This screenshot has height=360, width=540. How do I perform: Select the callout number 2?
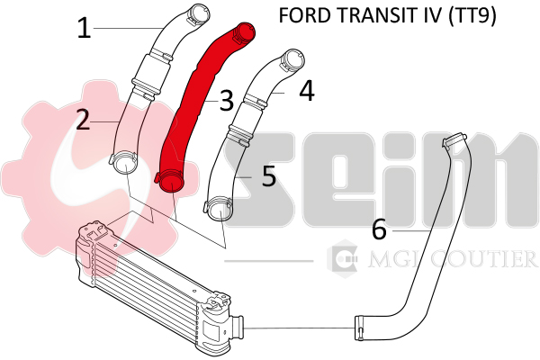point(83,120)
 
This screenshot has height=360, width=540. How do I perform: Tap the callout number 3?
point(226,100)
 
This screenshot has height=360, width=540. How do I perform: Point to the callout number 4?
point(307,91)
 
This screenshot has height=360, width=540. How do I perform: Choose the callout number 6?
point(379,229)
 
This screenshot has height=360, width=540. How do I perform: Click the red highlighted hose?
point(200,99)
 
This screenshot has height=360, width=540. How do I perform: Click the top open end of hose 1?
point(198,13)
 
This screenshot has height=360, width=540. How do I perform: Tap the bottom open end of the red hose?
point(167,183)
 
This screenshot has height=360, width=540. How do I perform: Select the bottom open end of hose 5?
point(218,212)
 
